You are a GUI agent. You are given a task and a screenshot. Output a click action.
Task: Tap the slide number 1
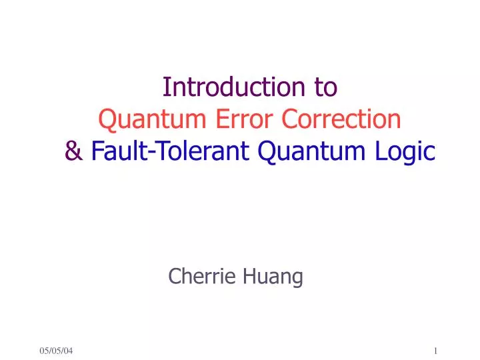click(435, 351)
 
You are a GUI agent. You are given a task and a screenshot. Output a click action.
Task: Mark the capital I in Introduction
click(166, 87)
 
